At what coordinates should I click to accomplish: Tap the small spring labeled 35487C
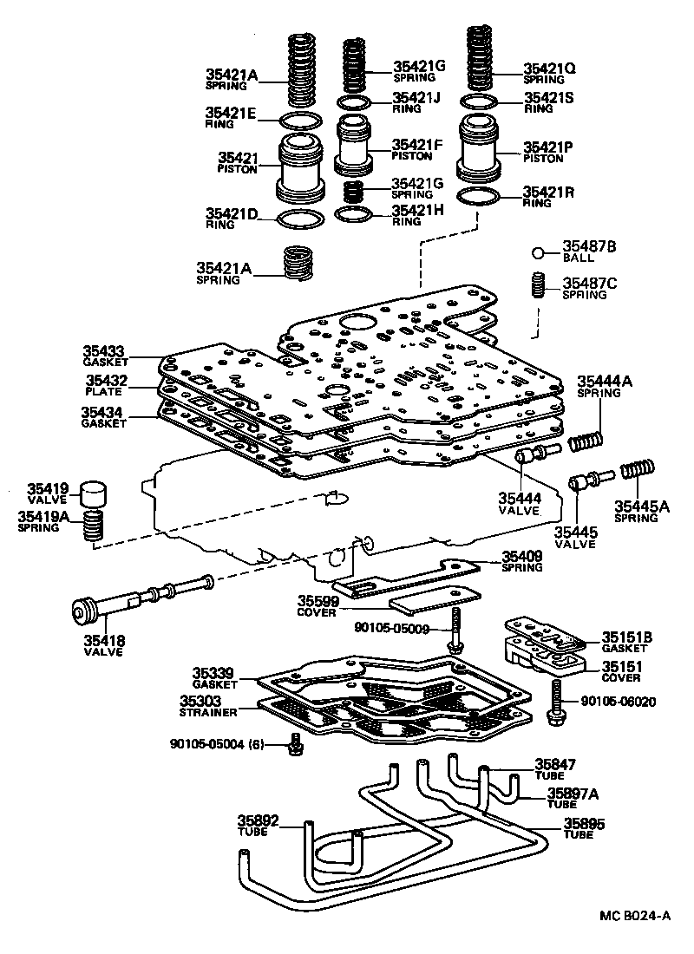point(538,284)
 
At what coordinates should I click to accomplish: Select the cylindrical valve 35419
point(93,493)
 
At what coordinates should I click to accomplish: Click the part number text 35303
point(202,701)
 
